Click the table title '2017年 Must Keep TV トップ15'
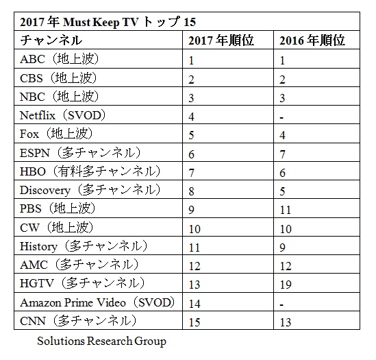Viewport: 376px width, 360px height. click(108, 22)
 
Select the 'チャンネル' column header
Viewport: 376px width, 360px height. click(51, 40)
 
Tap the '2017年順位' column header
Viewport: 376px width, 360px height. click(221, 40)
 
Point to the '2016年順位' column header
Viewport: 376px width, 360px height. click(312, 40)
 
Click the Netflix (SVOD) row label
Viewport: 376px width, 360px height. click(62, 115)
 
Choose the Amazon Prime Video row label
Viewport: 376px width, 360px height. click(97, 302)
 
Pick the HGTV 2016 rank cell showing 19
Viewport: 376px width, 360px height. click(286, 285)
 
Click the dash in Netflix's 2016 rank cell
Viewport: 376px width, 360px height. click(281, 118)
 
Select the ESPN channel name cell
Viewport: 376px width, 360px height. click(80, 153)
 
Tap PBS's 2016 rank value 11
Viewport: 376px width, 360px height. click(286, 210)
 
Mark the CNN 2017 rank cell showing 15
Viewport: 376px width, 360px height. click(195, 322)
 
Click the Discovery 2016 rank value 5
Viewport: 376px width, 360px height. click(282, 191)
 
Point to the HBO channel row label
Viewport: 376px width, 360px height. click(90, 171)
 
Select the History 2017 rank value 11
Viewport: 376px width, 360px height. click(195, 248)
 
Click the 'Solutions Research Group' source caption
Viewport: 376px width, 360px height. click(101, 341)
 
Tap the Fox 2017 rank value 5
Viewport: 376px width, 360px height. click(191, 135)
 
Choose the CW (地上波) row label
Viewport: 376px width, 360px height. click(57, 228)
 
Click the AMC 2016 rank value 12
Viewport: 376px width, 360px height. click(286, 266)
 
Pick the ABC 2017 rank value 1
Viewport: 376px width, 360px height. click(191, 60)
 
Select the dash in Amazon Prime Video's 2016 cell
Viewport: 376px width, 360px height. click(281, 305)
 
